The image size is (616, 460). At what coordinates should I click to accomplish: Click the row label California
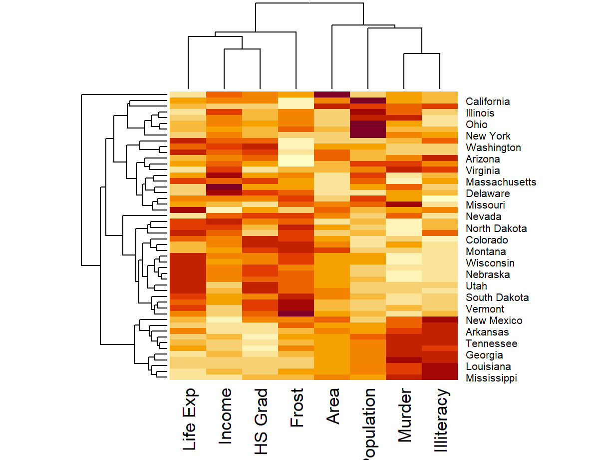pyautogui.click(x=488, y=101)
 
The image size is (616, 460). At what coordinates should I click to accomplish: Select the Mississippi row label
pyautogui.click(x=491, y=378)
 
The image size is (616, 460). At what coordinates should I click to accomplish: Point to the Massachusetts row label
pyautogui.click(x=501, y=182)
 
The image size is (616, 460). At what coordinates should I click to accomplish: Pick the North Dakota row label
pyautogui.click(x=496, y=228)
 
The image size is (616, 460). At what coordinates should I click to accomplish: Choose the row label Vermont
pyautogui.click(x=485, y=309)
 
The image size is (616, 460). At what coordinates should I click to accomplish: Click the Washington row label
pyautogui.click(x=493, y=147)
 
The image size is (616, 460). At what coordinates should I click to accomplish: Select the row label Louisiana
pyautogui.click(x=488, y=366)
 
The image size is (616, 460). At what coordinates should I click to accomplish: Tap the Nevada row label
pyautogui.click(x=483, y=216)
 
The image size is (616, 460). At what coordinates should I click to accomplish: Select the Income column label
pyautogui.click(x=225, y=416)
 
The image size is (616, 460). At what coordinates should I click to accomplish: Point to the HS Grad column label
pyautogui.click(x=261, y=422)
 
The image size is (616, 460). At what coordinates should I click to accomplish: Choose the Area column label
pyautogui.click(x=333, y=406)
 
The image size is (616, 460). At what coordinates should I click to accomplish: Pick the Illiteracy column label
pyautogui.click(x=441, y=421)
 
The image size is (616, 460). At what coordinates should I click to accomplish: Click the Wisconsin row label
pyautogui.click(x=490, y=263)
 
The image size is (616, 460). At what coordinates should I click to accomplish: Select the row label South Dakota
pyautogui.click(x=497, y=297)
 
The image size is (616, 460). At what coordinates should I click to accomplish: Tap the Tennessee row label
pyautogui.click(x=491, y=343)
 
